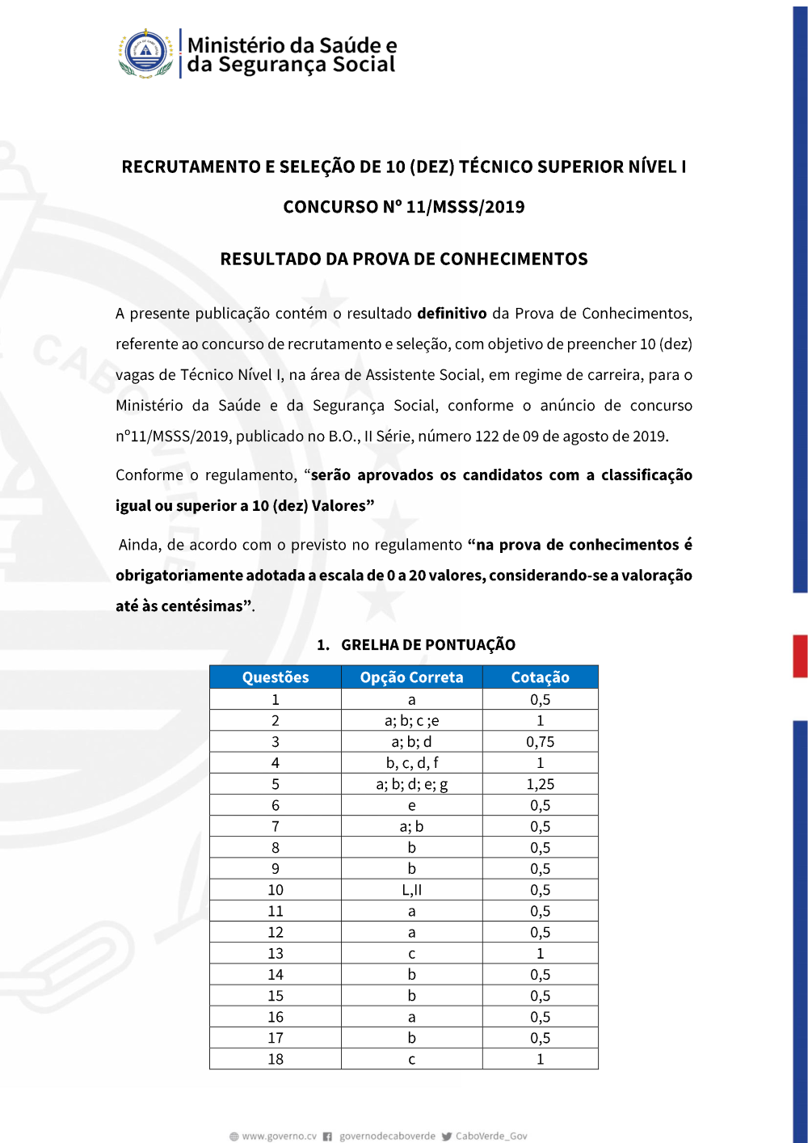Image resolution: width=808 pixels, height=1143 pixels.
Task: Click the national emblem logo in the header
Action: tap(145, 53)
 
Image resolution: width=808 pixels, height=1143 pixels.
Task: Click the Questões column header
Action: tap(276, 677)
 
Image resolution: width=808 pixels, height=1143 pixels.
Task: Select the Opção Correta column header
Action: tap(411, 677)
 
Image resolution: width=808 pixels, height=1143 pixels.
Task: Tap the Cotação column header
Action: tap(540, 677)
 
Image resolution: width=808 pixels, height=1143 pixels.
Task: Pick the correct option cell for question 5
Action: tap(411, 784)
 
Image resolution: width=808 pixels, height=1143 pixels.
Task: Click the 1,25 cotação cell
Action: tap(540, 784)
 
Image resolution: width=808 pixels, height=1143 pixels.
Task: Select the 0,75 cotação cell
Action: tap(540, 742)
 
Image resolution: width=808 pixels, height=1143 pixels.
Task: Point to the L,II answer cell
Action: tap(411, 890)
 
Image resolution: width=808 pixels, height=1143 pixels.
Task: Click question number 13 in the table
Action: tap(276, 954)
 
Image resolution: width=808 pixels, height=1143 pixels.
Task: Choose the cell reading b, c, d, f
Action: tap(411, 763)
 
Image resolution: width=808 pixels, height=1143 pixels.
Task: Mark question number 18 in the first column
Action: tap(276, 1059)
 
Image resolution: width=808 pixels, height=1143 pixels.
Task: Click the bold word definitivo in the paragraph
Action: tap(452, 314)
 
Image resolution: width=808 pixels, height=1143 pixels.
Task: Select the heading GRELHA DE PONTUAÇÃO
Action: tap(427, 645)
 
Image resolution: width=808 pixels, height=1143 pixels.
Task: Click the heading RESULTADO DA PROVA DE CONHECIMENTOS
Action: tap(404, 259)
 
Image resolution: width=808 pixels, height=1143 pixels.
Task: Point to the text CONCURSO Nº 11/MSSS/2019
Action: tap(404, 207)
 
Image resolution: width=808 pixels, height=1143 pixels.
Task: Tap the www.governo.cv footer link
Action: tap(279, 1137)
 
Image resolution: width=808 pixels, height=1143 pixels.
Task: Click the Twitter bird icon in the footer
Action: tap(447, 1137)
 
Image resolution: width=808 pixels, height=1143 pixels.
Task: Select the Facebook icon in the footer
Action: tap(327, 1137)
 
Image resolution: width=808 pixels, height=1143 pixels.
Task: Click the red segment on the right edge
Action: tap(800, 656)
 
